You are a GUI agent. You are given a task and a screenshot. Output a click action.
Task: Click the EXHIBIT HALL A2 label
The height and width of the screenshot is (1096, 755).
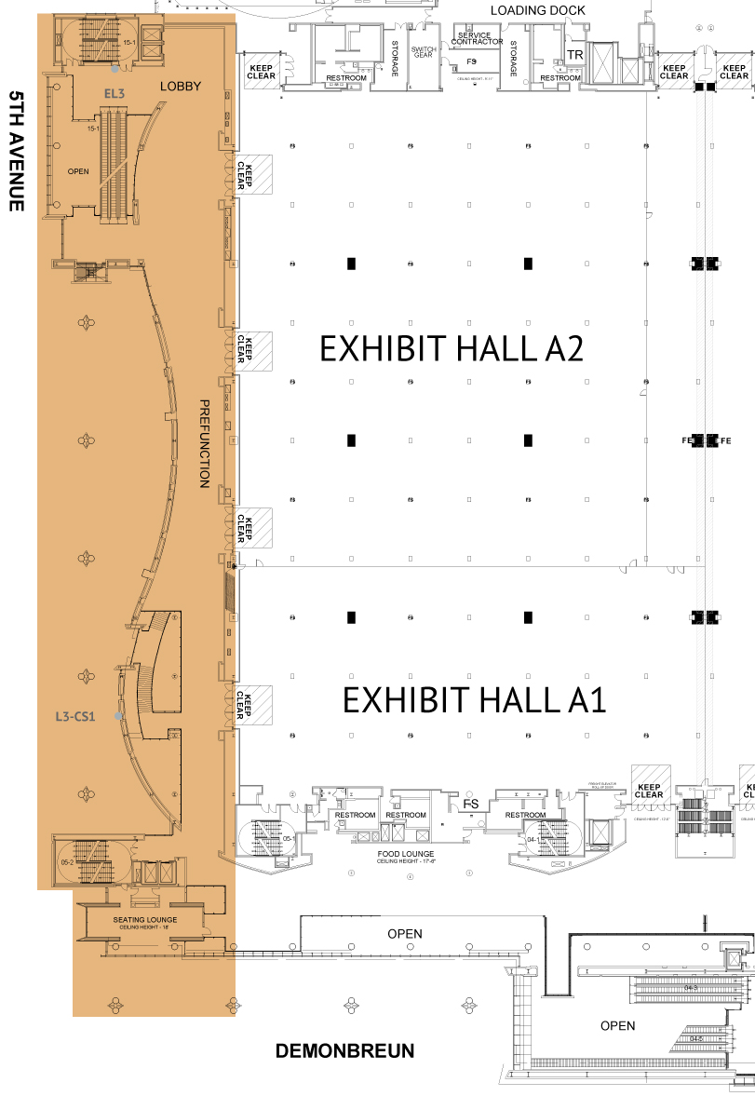pos(451,348)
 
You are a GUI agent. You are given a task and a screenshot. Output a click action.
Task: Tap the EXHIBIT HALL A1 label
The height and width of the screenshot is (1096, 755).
pos(474,700)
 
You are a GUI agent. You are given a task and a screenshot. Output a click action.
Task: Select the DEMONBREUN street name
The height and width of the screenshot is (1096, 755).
pos(344,1051)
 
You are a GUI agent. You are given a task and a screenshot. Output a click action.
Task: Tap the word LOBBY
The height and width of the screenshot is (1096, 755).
pos(181,87)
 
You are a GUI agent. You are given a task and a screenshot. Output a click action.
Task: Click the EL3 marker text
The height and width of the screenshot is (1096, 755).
pos(114,93)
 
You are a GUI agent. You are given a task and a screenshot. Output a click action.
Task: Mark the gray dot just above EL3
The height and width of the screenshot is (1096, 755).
pos(115,69)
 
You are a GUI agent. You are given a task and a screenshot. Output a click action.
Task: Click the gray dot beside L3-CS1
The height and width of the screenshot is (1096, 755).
pos(118,716)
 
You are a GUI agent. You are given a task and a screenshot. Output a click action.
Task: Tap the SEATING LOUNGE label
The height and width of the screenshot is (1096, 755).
pos(145,920)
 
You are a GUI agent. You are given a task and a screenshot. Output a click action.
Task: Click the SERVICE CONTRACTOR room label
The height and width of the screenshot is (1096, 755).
pos(476,39)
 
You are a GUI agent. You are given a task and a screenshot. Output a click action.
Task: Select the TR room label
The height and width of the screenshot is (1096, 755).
pos(575,56)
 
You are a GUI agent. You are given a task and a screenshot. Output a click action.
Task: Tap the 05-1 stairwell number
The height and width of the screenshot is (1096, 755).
pos(289,839)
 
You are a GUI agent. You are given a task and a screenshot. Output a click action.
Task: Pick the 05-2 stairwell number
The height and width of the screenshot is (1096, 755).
pos(66,862)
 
